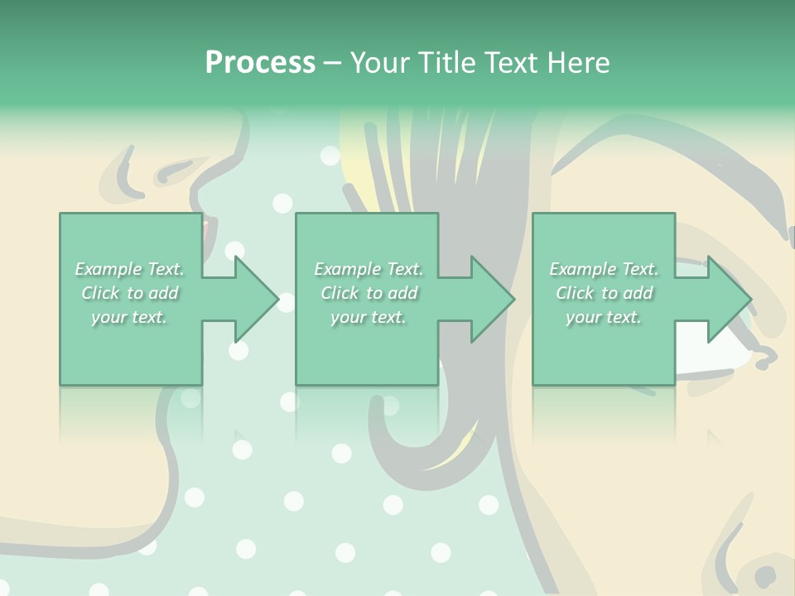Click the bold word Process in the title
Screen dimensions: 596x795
click(x=260, y=63)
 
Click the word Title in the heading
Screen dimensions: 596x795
click(x=447, y=63)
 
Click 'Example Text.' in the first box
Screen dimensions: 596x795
click(x=129, y=269)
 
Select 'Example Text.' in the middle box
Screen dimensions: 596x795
click(x=369, y=269)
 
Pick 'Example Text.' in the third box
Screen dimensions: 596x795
click(x=604, y=269)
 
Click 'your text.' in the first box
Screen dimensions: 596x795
click(x=129, y=317)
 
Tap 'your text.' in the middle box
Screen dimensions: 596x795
click(x=369, y=317)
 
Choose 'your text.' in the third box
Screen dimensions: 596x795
click(x=604, y=317)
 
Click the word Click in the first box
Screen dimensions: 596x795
click(x=101, y=293)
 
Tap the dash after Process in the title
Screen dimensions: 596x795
click(x=332, y=63)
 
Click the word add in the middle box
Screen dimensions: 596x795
click(x=402, y=293)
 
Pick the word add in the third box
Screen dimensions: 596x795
click(x=638, y=293)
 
